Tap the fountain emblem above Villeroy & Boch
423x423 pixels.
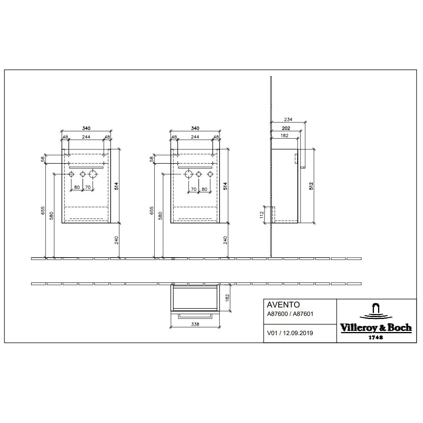376,310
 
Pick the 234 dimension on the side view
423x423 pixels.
288,119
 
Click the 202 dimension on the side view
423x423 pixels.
286,128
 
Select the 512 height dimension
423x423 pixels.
311,186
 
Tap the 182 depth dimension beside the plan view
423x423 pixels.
227,297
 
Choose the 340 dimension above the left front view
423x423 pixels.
86,128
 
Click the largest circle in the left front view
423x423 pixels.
93,174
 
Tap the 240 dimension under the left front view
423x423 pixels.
116,240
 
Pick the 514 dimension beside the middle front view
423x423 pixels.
225,186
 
